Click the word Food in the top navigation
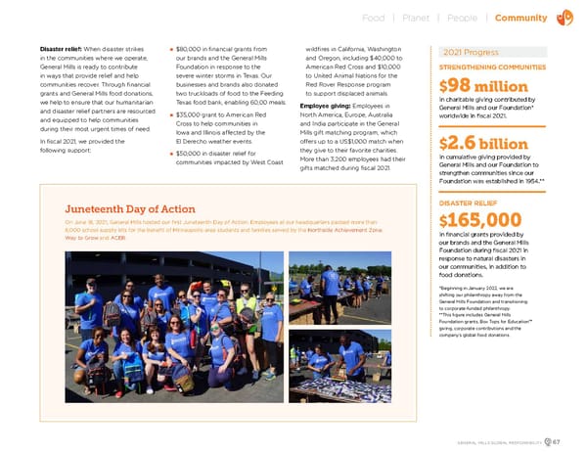tap(373, 18)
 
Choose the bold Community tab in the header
tap(521, 18)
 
